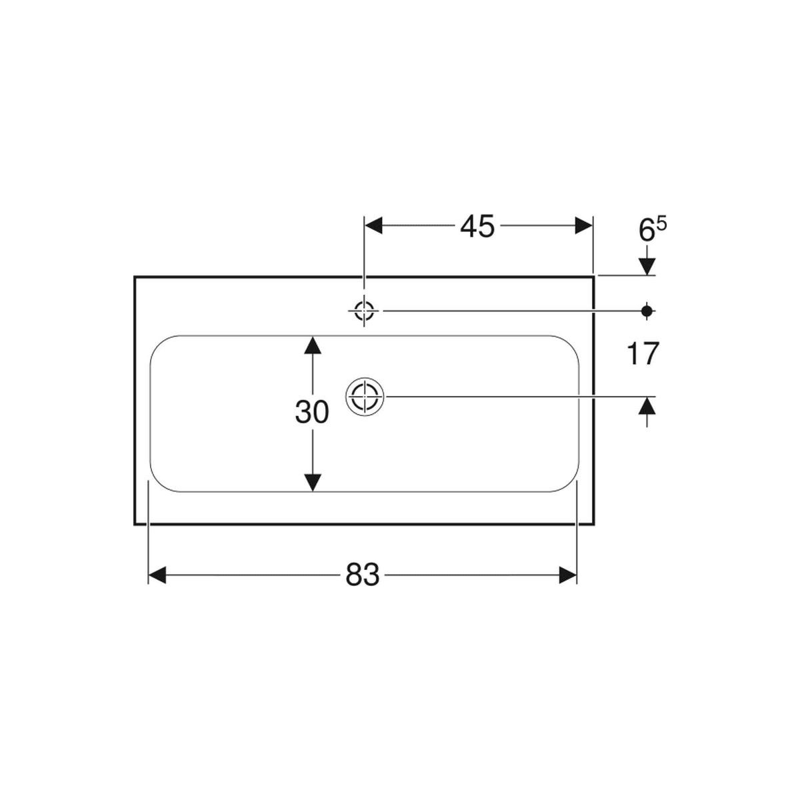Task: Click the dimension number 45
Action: [477, 227]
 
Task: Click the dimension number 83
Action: [363, 575]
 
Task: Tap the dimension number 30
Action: [311, 412]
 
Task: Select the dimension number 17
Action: [643, 354]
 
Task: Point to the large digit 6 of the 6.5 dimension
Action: [646, 230]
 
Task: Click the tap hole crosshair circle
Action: [364, 311]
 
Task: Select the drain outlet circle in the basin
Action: [365, 397]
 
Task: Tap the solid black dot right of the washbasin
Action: [647, 311]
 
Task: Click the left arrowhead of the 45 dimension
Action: [373, 225]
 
